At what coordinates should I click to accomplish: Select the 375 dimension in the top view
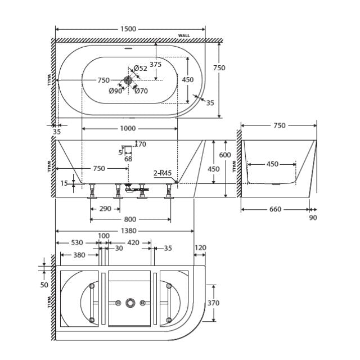(156, 64)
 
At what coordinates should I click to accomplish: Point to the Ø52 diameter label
(141, 69)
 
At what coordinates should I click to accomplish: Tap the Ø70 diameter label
(141, 91)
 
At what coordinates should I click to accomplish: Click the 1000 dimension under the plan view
(129, 129)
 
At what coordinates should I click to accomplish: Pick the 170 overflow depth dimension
(141, 145)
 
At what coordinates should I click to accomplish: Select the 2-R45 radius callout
(162, 173)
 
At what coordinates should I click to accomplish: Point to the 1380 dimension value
(125, 231)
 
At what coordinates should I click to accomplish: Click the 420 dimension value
(132, 243)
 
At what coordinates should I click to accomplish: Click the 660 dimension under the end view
(275, 209)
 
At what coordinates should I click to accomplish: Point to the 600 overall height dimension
(225, 155)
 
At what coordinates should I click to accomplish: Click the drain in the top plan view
(128, 80)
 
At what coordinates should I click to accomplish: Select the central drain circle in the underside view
(130, 303)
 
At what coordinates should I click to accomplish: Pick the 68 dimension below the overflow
(128, 159)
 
